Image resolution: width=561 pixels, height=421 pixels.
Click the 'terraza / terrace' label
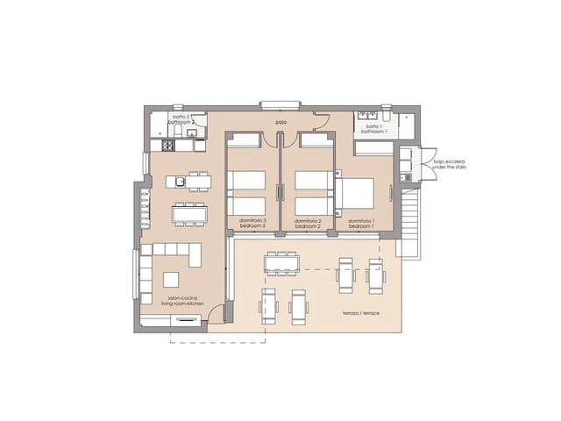point(362,312)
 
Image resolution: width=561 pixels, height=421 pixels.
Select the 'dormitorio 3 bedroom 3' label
point(252,223)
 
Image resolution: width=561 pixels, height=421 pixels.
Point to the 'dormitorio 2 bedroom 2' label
point(307,223)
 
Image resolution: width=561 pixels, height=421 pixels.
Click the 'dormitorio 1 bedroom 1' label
point(361,223)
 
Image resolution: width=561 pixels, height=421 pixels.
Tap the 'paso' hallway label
point(280,122)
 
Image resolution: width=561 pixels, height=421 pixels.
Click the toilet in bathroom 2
point(178,132)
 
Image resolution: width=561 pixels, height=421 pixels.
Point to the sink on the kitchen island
point(179,182)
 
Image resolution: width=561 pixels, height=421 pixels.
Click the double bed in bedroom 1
point(357,193)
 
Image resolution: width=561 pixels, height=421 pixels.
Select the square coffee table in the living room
point(172,279)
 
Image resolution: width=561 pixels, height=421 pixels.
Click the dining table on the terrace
point(282,263)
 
